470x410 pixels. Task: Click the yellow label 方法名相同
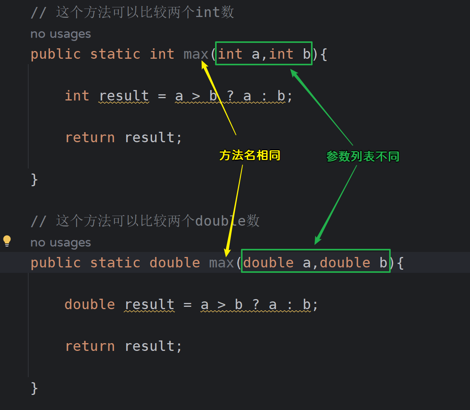click(x=250, y=155)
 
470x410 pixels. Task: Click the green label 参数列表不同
click(x=362, y=157)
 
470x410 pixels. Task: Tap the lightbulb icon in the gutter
click(x=7, y=241)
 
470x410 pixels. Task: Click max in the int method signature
click(x=196, y=54)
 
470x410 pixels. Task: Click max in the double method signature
click(x=222, y=263)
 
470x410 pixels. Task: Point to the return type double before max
click(x=174, y=263)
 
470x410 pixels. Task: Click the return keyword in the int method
click(x=90, y=138)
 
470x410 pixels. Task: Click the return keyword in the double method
click(x=90, y=346)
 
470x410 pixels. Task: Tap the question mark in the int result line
click(x=230, y=96)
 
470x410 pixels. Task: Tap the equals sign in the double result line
click(x=188, y=305)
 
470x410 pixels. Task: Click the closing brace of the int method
click(x=34, y=180)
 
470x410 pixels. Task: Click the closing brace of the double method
click(x=34, y=388)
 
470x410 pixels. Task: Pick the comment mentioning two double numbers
click(x=145, y=221)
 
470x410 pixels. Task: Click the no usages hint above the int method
click(x=61, y=34)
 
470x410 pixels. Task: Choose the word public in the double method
click(x=56, y=263)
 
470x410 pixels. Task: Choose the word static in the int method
click(x=115, y=54)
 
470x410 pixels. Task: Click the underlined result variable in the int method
click(x=124, y=96)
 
